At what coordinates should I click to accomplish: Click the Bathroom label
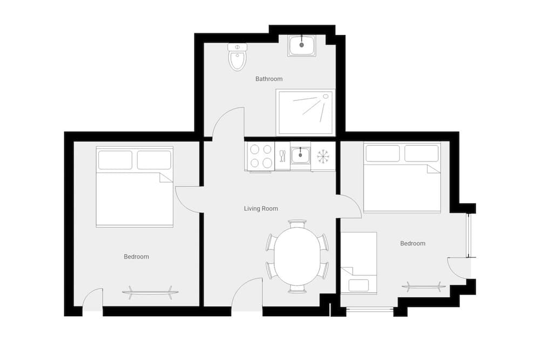pos(269,79)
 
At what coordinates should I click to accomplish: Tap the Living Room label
pos(261,208)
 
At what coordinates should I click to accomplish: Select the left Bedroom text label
pos(136,256)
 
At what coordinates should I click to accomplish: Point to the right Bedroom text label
pos(413,243)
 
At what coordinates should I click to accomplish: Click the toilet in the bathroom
pos(237,58)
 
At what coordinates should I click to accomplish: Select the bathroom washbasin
pos(302,45)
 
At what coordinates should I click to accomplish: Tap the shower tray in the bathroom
pos(306,112)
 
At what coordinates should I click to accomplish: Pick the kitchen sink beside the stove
pos(300,156)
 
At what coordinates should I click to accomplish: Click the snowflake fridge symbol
pos(323,156)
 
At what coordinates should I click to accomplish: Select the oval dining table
pos(297,256)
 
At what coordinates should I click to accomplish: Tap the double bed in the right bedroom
pos(402,178)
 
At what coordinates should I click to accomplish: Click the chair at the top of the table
pos(297,223)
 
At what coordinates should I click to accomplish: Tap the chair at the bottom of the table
pos(297,289)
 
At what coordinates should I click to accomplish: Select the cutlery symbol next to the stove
pos(282,156)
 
